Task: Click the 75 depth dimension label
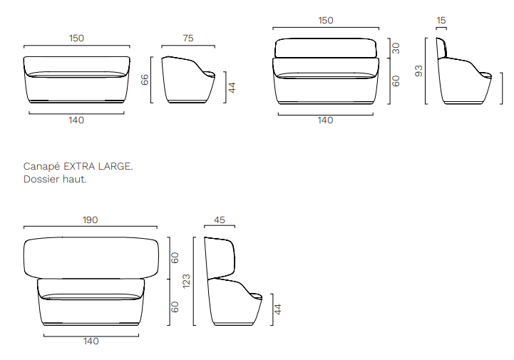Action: click(188, 38)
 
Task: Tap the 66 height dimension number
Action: click(145, 80)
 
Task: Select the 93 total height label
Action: click(419, 71)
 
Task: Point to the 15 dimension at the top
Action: click(441, 21)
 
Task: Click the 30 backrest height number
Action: click(396, 48)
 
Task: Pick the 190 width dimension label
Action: click(90, 220)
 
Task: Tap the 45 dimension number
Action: click(220, 220)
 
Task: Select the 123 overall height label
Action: click(186, 282)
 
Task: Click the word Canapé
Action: click(41, 167)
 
